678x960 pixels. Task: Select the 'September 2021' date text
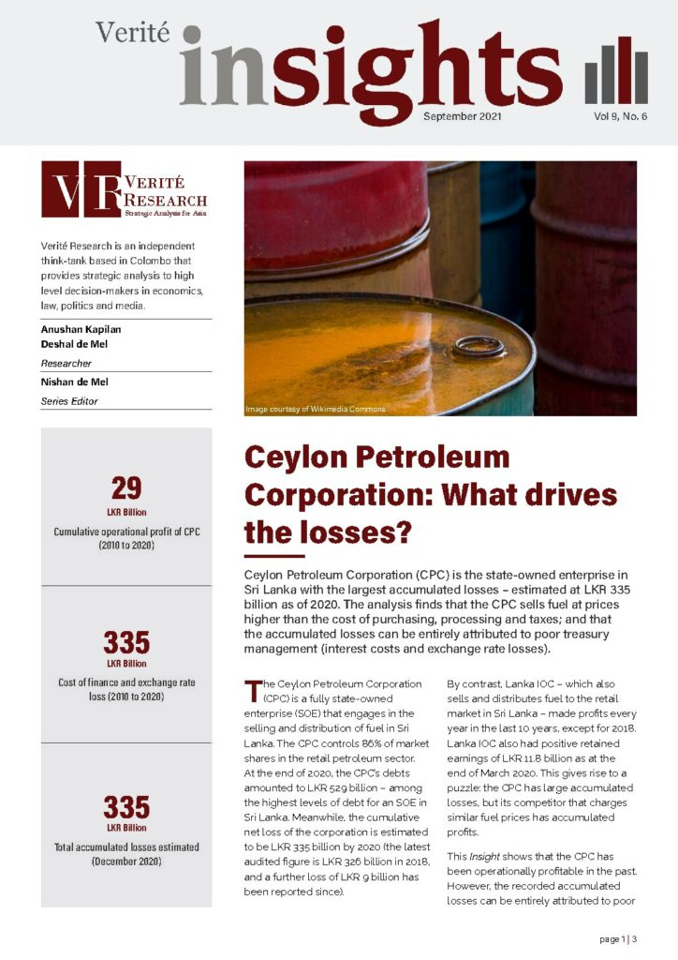click(x=463, y=116)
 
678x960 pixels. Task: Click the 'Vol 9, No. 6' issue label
click(x=620, y=116)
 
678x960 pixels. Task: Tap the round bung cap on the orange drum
click(x=479, y=347)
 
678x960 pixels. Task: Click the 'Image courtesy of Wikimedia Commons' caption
click(x=315, y=410)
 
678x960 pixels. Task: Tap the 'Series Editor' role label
click(x=70, y=401)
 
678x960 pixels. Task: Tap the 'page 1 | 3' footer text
click(x=618, y=938)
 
